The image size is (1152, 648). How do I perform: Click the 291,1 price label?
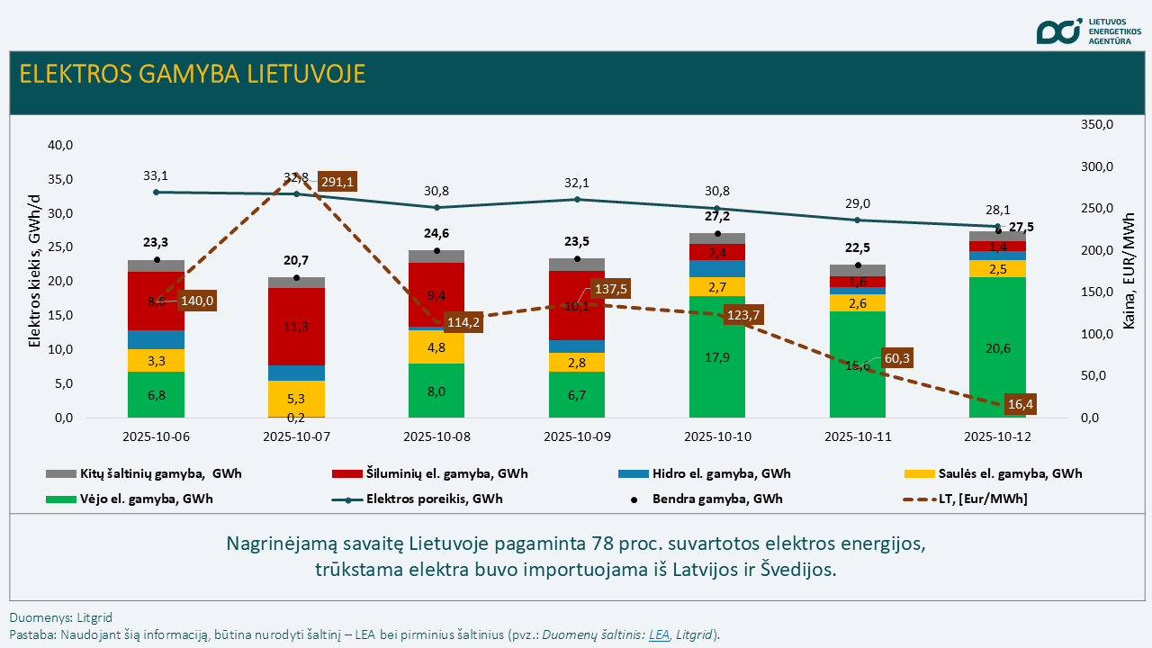pos(337,182)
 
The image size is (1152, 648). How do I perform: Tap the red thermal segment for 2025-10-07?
pos(296,327)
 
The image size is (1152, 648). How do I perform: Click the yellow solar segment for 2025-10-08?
pos(436,346)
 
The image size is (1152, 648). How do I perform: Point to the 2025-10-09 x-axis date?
pos(577,437)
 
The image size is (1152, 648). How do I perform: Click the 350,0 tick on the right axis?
pos(1096,125)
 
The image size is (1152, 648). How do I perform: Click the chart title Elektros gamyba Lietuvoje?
pos(193,74)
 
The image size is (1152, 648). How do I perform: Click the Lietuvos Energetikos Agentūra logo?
pos(1088,31)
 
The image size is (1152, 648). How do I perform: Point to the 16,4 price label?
pos(1020,404)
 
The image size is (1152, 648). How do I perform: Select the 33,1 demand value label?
pos(156,175)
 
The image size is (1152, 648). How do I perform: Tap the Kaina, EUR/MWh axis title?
pos(1129,270)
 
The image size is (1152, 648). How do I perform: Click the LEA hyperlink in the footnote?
pos(659,634)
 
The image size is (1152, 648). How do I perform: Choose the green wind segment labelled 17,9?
pos(717,356)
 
